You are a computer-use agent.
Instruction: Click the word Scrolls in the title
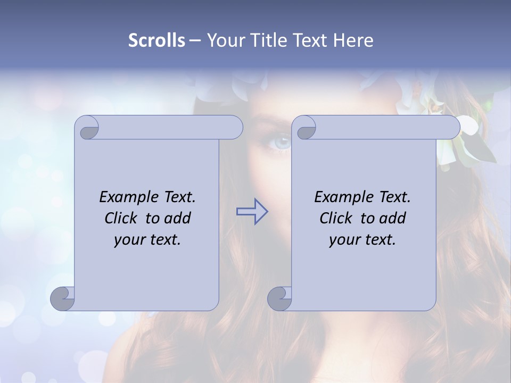[x=156, y=40]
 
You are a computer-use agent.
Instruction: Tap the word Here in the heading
[x=353, y=40]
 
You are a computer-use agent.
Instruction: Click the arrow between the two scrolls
[x=252, y=212]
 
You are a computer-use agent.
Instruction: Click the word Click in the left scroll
[x=122, y=218]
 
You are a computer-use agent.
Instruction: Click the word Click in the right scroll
[x=337, y=218]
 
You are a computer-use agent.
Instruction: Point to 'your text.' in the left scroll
[x=147, y=239]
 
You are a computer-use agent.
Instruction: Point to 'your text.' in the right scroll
[x=362, y=239]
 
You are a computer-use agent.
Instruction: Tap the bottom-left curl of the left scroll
[x=63, y=298]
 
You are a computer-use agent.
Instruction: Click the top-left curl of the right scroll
[x=305, y=128]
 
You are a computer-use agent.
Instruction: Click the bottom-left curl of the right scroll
[x=279, y=298]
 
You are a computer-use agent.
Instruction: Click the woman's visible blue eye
[x=282, y=143]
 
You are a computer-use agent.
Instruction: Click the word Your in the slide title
[x=225, y=40]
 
